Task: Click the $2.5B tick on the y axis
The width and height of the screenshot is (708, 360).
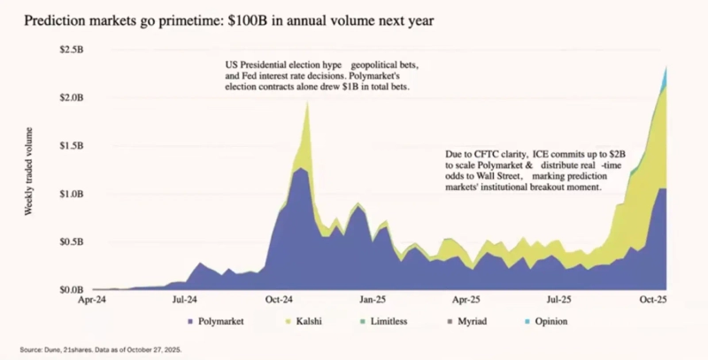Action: click(73, 49)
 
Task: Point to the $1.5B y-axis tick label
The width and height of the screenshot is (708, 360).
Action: click(73, 145)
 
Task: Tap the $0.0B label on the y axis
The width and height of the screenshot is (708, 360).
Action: click(73, 289)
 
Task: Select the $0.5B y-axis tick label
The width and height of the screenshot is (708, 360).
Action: click(73, 241)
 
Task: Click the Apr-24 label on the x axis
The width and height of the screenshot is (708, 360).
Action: click(93, 301)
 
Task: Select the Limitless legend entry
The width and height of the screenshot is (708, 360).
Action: click(389, 321)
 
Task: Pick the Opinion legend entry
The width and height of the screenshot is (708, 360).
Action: click(545, 321)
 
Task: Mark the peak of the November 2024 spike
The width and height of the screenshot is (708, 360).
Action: click(307, 102)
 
